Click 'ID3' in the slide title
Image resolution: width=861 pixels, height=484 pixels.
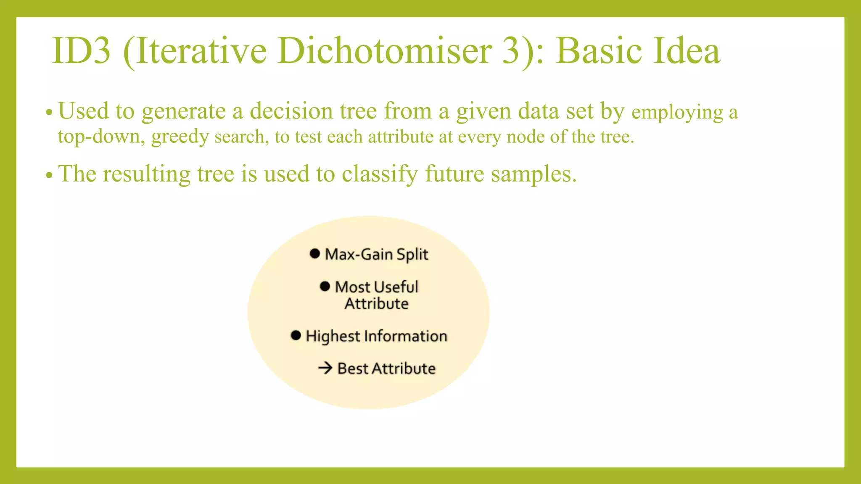pyautogui.click(x=81, y=51)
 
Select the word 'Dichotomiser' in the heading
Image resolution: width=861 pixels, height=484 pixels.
pyautogui.click(x=384, y=51)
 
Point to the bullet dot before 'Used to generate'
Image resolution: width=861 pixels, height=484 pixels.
pyautogui.click(x=49, y=113)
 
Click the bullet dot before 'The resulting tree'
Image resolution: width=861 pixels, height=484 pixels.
pyautogui.click(x=49, y=175)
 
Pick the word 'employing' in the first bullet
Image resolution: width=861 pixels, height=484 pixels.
pyautogui.click(x=677, y=113)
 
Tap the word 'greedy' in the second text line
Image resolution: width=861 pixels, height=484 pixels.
pyautogui.click(x=180, y=137)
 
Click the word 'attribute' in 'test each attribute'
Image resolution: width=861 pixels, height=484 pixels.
pyautogui.click(x=401, y=137)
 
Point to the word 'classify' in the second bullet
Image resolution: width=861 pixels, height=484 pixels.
pyautogui.click(x=380, y=174)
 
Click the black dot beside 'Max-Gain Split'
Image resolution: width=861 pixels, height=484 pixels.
pyautogui.click(x=314, y=253)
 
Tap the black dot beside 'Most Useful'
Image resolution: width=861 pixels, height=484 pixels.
pyautogui.click(x=325, y=286)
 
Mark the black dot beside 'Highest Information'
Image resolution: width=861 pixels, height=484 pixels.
pyautogui.click(x=296, y=335)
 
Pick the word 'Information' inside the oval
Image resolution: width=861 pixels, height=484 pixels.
pyautogui.click(x=405, y=336)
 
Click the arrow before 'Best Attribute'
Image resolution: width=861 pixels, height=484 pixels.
pyautogui.click(x=325, y=368)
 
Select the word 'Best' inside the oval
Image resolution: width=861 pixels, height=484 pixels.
pyautogui.click(x=352, y=368)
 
